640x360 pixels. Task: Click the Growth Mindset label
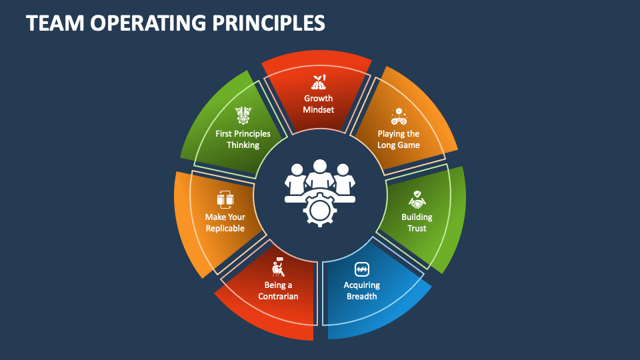[318, 104]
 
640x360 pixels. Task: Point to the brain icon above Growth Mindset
[318, 83]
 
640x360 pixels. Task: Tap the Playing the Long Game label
[398, 139]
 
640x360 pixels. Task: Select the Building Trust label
[417, 223]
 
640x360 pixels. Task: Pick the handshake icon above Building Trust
[417, 199]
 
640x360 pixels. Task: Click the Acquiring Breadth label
[361, 291]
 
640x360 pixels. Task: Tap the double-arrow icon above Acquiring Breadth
[361, 269]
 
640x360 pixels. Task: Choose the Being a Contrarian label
[278, 291]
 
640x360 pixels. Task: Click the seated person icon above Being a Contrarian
[278, 267]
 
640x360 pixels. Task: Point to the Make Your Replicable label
[225, 223]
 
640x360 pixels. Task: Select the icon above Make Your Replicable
[223, 199]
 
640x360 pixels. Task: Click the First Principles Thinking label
[243, 139]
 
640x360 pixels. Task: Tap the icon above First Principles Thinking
[242, 115]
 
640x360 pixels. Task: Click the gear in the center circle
[319, 209]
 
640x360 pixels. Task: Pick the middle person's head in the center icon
[320, 167]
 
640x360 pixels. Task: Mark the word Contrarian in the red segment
[278, 297]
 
